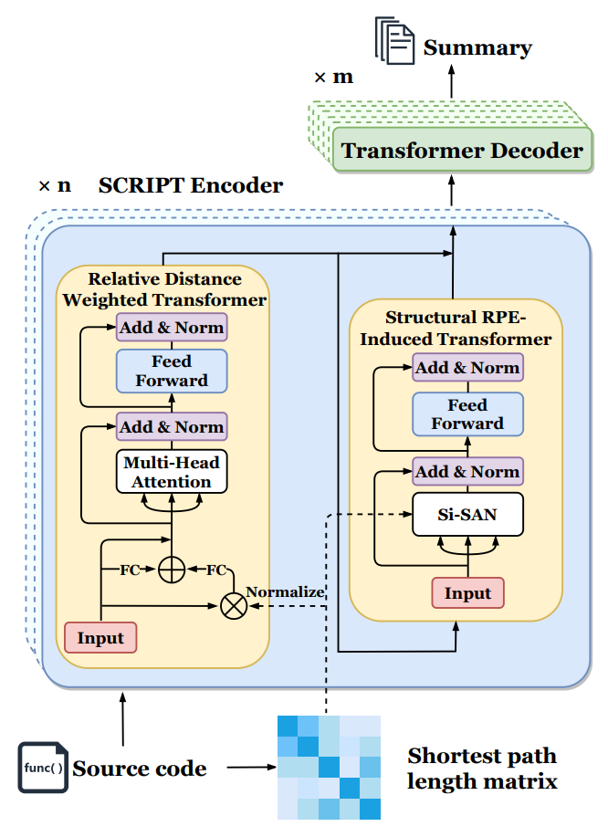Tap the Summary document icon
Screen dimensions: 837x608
coord(394,42)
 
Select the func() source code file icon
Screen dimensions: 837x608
coord(42,767)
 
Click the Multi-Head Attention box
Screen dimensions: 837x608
coord(171,473)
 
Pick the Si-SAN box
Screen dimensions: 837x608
coord(467,515)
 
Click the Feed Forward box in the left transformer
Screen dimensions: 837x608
coord(171,371)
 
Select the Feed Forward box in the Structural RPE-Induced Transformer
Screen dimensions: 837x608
coord(467,414)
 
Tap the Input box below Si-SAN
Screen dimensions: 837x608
coord(467,593)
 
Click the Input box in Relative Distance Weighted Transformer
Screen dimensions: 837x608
coord(100,637)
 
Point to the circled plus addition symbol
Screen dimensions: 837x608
coord(171,570)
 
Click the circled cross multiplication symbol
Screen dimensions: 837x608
coord(235,606)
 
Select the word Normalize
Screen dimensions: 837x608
coord(285,591)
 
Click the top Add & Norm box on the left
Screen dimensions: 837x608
coord(171,327)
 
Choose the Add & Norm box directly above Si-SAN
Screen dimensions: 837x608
coord(467,471)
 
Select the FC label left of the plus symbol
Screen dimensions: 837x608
coord(131,570)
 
